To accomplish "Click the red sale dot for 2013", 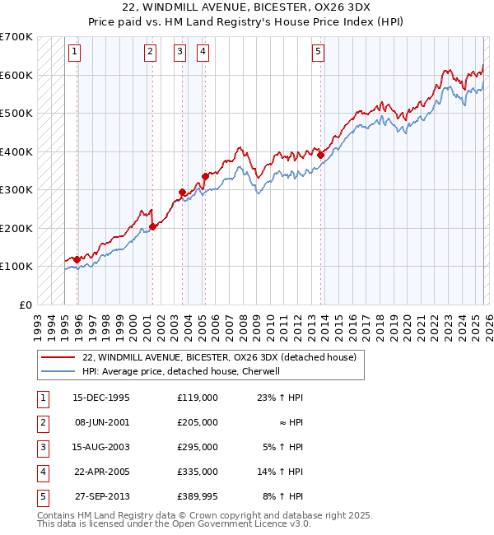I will (320, 154).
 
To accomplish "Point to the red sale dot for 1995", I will (77, 259).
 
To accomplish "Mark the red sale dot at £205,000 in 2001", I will (152, 226).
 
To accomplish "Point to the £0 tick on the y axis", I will (25, 305).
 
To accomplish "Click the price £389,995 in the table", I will (197, 495).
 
